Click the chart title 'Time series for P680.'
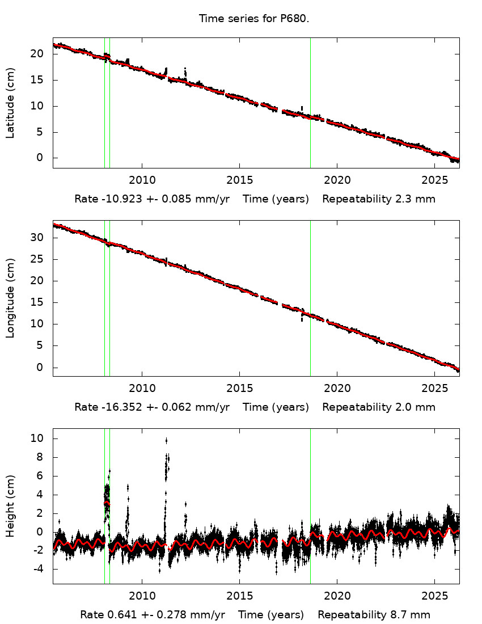(x=253, y=19)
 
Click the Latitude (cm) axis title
(x=10, y=103)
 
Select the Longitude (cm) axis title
(x=10, y=298)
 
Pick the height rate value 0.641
(x=120, y=614)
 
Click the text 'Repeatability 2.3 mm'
(x=379, y=199)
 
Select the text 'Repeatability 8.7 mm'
(x=374, y=614)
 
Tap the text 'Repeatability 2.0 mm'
(x=379, y=407)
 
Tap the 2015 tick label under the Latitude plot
(x=239, y=180)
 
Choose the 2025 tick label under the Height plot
(x=434, y=596)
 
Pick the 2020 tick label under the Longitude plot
(x=336, y=388)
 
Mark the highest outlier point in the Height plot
(x=166, y=440)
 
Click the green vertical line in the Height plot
(x=105, y=539)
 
